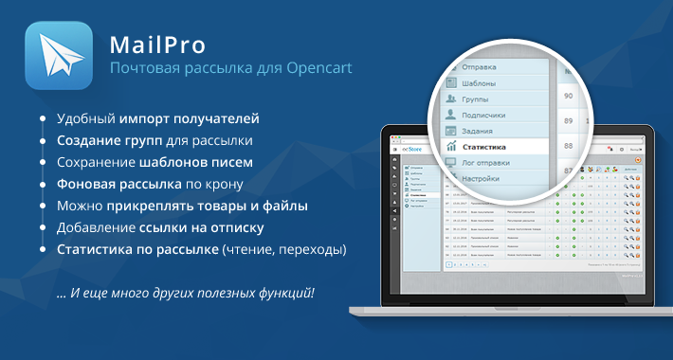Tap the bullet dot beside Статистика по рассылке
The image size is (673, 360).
pos(43,250)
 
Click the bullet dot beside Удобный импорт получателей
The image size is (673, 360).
pos(43,119)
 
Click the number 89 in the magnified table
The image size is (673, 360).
pos(568,120)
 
